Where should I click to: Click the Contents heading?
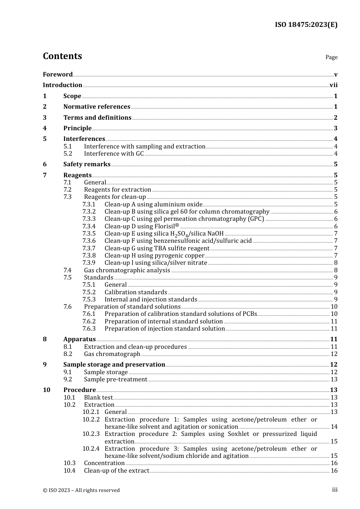tap(62, 56)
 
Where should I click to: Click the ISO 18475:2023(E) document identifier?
tap(306, 25)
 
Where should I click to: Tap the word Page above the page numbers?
tap(331, 57)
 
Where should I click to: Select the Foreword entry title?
tap(58, 74)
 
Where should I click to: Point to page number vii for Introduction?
tap(333, 85)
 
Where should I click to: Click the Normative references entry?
tap(97, 107)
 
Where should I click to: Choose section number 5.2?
tap(68, 154)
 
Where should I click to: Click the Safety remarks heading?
tap(87, 164)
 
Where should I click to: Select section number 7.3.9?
tap(89, 263)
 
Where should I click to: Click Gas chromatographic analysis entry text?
tap(127, 270)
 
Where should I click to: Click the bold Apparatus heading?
tap(79, 339)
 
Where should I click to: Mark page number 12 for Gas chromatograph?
tap(334, 354)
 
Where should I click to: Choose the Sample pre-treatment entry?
tap(116, 379)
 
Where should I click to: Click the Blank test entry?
tap(98, 398)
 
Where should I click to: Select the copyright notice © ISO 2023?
tap(81, 490)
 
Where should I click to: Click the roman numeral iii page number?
tap(335, 490)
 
